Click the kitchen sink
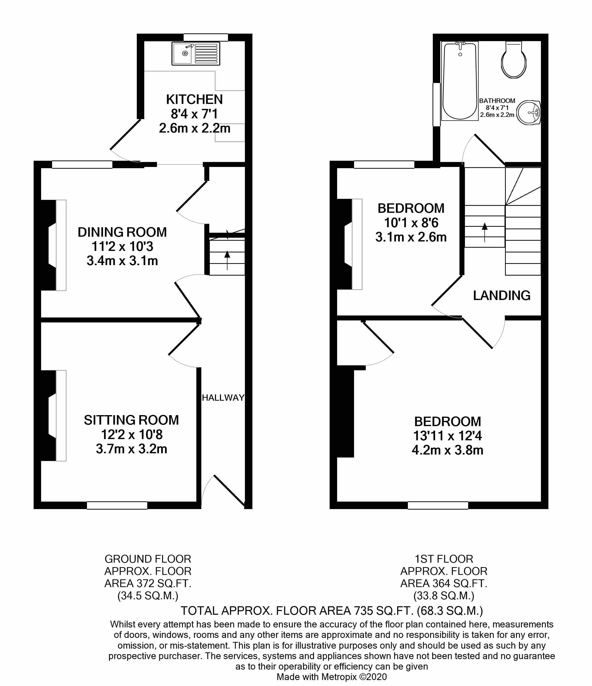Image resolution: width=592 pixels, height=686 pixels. (196, 53)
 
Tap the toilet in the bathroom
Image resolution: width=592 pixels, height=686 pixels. (514, 60)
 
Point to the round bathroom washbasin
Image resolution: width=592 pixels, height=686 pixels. (529, 112)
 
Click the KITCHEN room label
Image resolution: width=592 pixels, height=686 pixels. (194, 99)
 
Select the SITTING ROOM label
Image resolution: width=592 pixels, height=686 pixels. (132, 420)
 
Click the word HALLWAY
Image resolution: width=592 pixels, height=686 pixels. (223, 398)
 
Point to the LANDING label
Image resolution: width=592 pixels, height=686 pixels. (502, 295)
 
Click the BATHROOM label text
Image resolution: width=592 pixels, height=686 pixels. (497, 101)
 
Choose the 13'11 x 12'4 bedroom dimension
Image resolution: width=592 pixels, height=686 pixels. (447, 436)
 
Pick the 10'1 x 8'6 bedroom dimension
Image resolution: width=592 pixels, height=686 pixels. (411, 223)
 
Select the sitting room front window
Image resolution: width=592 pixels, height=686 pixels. (117, 505)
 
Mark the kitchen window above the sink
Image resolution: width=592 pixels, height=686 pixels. (206, 37)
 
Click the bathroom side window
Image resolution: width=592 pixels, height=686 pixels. (437, 104)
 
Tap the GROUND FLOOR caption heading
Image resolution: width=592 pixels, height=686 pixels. (148, 559)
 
